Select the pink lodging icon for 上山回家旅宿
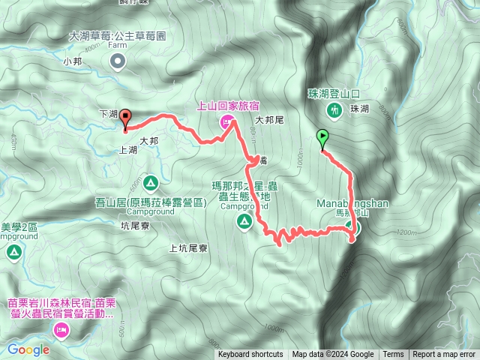(226, 123)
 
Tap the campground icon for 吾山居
(150, 182)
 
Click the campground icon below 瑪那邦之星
(244, 220)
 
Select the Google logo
(28, 349)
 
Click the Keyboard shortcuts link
(250, 355)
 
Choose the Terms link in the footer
(393, 355)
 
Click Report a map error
(444, 355)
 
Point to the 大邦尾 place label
(268, 119)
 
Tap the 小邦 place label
(72, 61)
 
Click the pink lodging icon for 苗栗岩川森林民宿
(59, 331)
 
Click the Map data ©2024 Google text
(333, 355)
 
